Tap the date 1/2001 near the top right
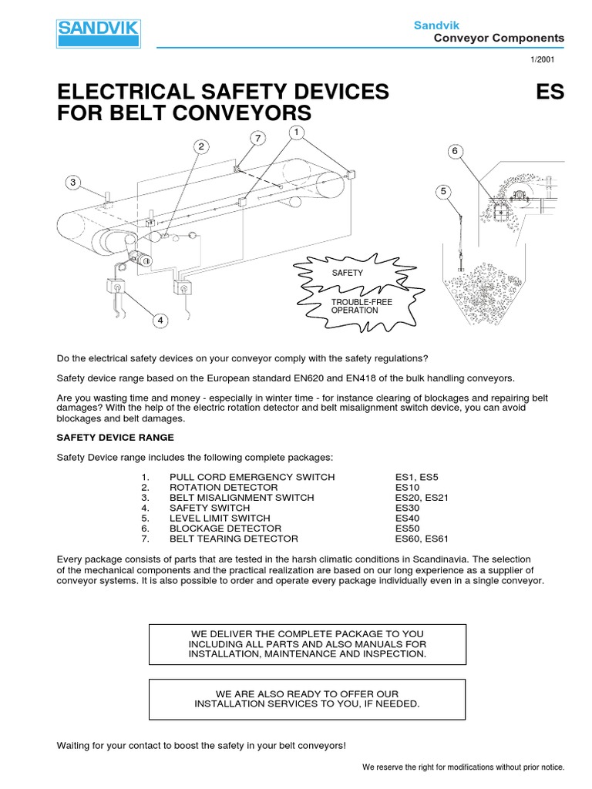click(551, 59)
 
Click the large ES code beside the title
click(551, 92)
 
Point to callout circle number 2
click(201, 146)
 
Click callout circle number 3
click(72, 183)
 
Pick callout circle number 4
click(161, 320)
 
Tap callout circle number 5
click(444, 191)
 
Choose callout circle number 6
click(455, 152)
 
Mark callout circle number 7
click(259, 138)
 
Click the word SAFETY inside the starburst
click(346, 274)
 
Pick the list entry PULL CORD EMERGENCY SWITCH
click(252, 477)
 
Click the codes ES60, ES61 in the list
click(421, 539)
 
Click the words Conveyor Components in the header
click(499, 38)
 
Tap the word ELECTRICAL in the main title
click(135, 92)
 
